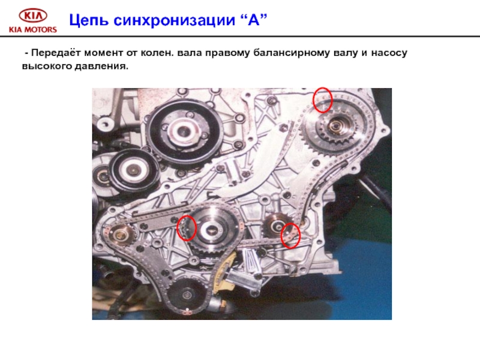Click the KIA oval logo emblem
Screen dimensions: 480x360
coord(33,16)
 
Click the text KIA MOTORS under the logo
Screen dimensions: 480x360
coord(33,29)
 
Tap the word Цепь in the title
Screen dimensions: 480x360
coord(89,21)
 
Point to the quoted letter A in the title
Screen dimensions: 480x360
coord(254,20)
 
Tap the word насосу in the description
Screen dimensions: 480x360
coord(389,53)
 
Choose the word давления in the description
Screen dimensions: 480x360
coord(101,66)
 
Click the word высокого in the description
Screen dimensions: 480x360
coord(47,66)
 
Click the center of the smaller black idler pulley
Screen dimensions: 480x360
coord(133,169)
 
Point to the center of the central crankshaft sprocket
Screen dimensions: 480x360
coord(212,229)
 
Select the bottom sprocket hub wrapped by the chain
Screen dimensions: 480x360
coord(187,295)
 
